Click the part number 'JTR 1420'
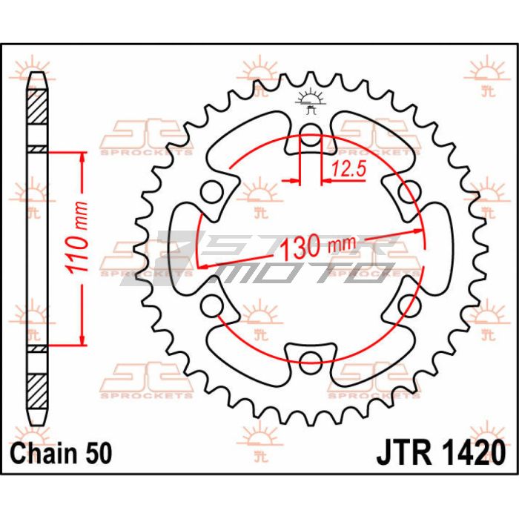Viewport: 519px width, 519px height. click(442, 452)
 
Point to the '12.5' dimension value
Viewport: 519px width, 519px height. click(349, 171)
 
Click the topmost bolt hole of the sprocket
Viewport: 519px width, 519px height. click(311, 136)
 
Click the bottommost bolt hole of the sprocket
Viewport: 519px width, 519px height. click(311, 362)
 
